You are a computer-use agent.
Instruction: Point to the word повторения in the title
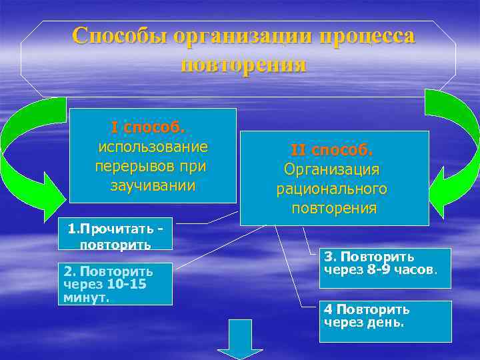[x=243, y=65]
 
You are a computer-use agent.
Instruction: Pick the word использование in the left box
[x=153, y=146]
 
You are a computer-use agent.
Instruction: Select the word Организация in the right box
[x=331, y=169]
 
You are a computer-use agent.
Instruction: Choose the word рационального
[x=331, y=189]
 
